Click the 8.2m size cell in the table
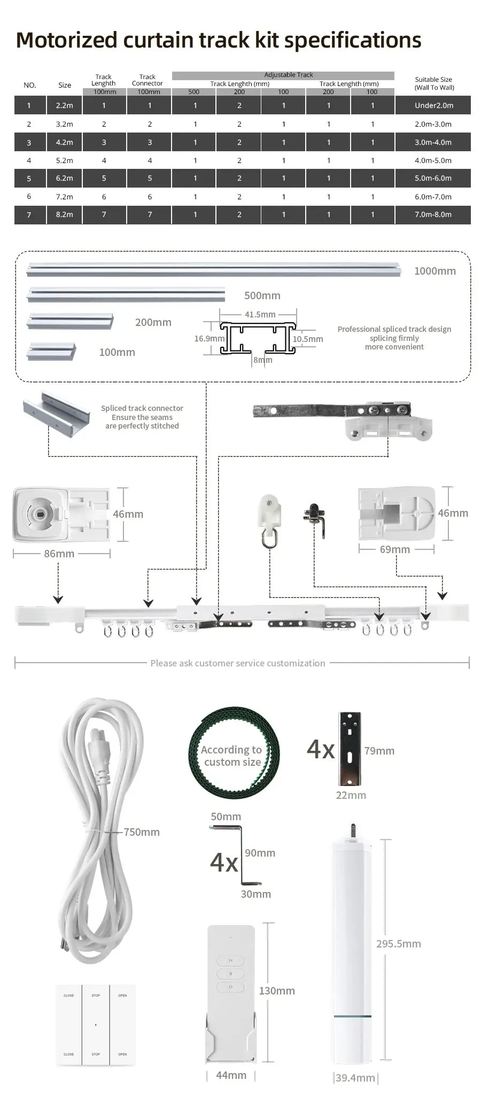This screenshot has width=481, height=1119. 64,214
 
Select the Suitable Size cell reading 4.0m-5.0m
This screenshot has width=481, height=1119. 433,160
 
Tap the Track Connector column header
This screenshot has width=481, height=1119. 148,80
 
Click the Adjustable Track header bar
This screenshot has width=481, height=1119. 283,75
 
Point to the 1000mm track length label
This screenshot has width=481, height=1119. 435,271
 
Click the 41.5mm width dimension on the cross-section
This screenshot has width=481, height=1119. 260,314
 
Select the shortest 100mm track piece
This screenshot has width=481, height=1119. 52,351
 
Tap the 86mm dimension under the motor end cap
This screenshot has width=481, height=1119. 59,554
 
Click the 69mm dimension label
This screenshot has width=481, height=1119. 395,549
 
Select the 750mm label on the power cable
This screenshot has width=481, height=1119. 142,832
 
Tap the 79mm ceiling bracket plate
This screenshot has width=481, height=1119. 350,748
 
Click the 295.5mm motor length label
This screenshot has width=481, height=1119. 399,944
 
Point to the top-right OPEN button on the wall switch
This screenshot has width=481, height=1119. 122,996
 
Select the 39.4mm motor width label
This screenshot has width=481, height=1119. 355,1078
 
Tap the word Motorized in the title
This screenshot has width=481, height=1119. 66,40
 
